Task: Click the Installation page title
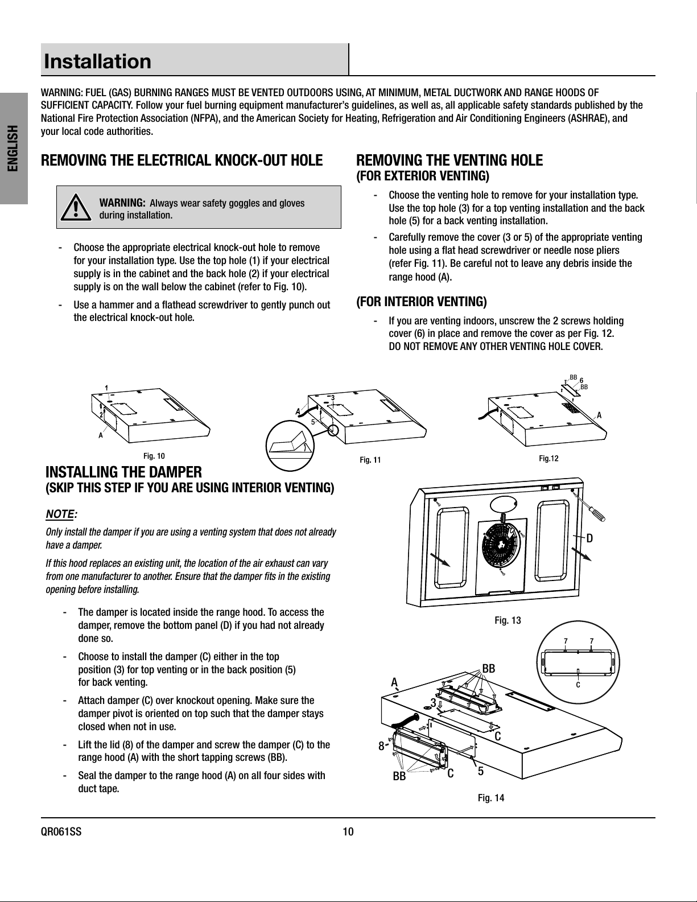click(98, 61)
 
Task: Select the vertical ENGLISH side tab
click(14, 147)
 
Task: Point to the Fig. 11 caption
click(370, 460)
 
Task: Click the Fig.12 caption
click(548, 458)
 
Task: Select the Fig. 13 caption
click(508, 620)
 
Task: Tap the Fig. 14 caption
click(491, 798)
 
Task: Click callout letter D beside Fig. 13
click(590, 538)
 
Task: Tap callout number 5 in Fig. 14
click(481, 771)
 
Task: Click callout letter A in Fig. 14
click(394, 682)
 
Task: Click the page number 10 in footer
click(348, 832)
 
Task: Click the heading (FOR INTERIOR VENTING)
click(421, 301)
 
